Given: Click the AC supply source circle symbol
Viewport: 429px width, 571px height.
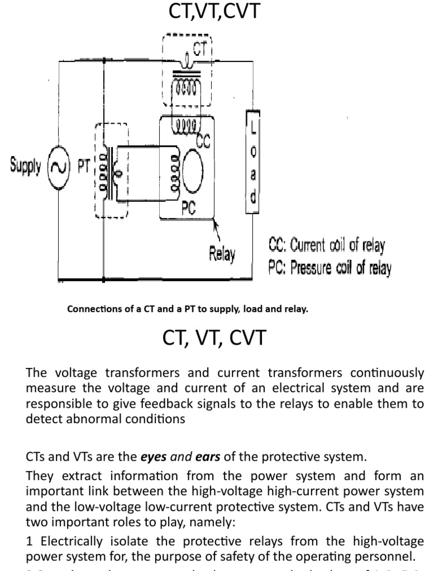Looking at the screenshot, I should click(57, 167).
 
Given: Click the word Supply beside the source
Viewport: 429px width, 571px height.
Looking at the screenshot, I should click(25, 166).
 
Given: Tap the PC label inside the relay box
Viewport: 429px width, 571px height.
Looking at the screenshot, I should click(189, 209).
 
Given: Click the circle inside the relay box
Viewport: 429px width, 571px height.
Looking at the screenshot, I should click(196, 165).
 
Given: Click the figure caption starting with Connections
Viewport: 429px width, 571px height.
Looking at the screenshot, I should click(187, 309).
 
